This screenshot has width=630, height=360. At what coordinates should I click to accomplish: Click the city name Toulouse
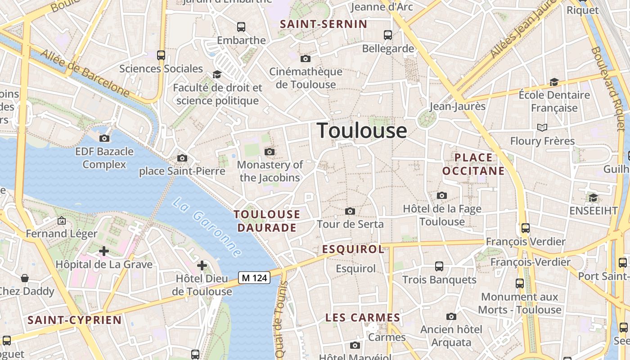click(x=362, y=130)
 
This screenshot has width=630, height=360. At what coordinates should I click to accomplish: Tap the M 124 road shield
click(x=254, y=278)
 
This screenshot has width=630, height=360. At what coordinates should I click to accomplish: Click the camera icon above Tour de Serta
click(x=350, y=211)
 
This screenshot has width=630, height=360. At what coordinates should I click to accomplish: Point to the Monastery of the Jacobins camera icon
click(x=270, y=152)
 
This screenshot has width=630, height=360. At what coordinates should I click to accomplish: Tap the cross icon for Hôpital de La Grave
click(x=104, y=251)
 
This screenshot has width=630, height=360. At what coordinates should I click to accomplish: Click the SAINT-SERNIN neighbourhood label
click(x=324, y=24)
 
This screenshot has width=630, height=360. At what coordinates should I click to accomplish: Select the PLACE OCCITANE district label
click(x=473, y=164)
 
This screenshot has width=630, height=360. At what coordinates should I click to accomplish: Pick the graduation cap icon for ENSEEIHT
click(x=593, y=198)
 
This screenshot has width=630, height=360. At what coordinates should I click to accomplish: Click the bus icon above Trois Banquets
click(x=439, y=266)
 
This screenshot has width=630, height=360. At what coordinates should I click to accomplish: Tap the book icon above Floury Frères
click(x=542, y=128)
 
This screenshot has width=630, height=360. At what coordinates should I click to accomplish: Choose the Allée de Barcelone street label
click(x=85, y=74)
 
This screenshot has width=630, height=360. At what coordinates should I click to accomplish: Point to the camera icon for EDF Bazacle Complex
click(x=104, y=138)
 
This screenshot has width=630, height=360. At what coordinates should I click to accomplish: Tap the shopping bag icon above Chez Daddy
click(x=25, y=278)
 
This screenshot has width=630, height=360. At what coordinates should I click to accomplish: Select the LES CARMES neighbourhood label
click(x=363, y=318)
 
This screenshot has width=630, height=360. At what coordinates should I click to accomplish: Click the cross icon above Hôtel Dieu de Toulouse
click(x=202, y=265)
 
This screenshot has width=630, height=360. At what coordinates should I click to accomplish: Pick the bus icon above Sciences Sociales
click(x=161, y=55)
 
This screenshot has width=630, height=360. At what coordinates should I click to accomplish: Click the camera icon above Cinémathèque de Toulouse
click(x=306, y=59)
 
